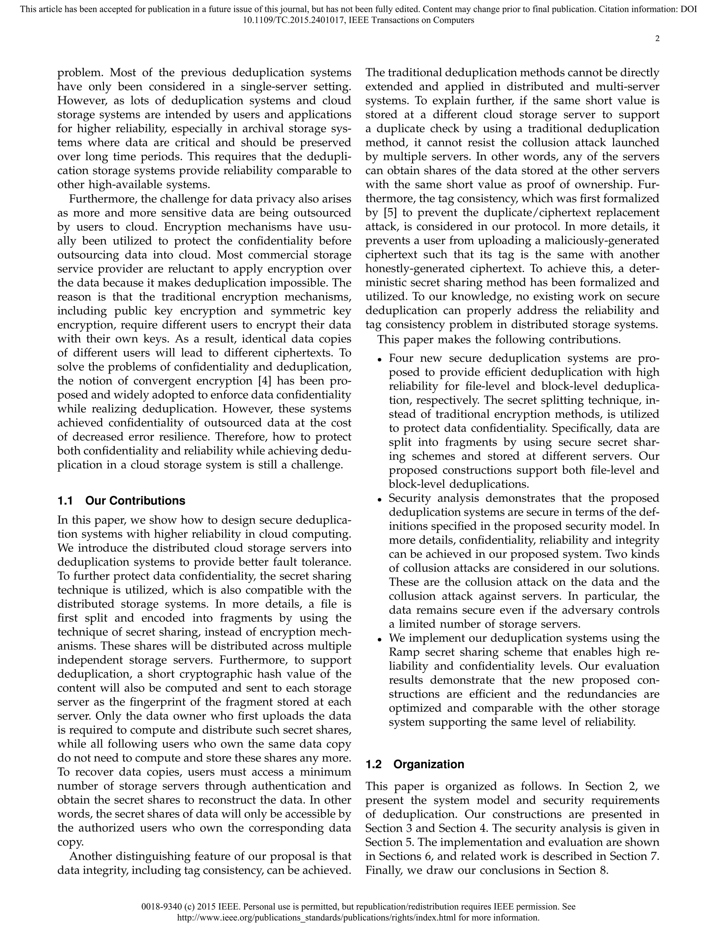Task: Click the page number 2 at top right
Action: click(x=657, y=38)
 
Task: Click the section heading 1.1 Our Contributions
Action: click(x=121, y=501)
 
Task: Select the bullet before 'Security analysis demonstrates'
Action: click(x=380, y=500)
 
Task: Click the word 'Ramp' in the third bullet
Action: click(x=403, y=652)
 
